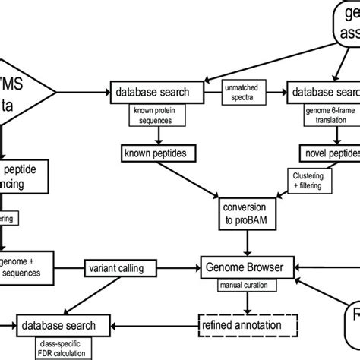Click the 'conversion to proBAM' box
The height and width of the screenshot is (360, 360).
click(243, 213)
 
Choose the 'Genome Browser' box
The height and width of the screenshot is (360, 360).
click(243, 267)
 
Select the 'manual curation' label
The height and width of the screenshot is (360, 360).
click(243, 285)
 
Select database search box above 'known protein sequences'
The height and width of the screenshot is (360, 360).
click(156, 93)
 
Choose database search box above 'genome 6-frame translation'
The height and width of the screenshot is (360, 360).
click(324, 93)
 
